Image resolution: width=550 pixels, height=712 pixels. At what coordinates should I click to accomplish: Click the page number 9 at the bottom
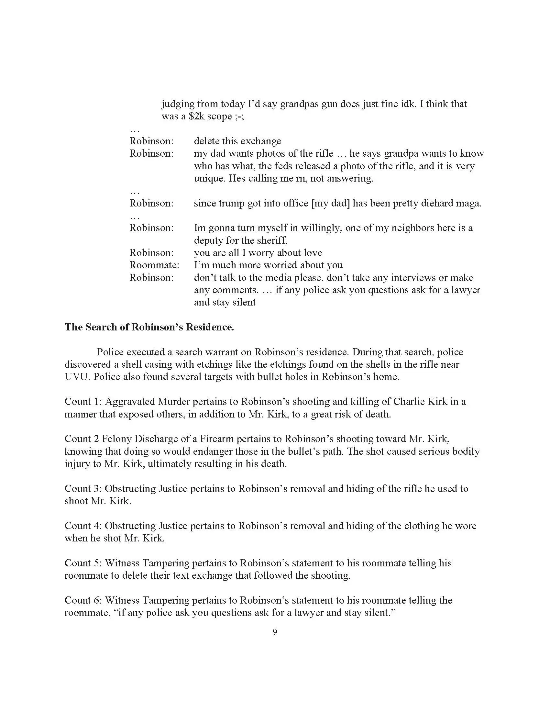[x=275, y=632]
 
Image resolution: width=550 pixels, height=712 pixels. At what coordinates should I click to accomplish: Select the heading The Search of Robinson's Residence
[x=149, y=327]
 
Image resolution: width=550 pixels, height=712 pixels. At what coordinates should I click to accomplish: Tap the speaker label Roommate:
[x=154, y=265]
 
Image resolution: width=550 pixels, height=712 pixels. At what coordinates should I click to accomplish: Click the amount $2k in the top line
[x=196, y=116]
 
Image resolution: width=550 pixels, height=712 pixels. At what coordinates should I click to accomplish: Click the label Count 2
[x=82, y=439]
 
